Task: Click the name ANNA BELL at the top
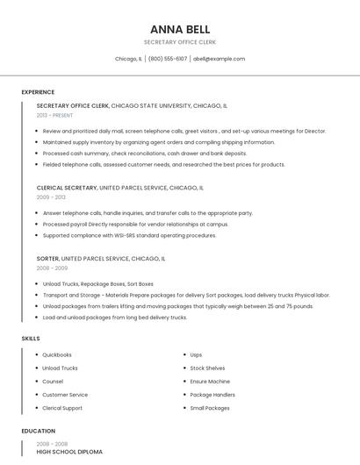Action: click(180, 29)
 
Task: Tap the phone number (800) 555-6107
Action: click(168, 59)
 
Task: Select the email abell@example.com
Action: click(219, 59)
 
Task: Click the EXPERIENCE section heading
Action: click(38, 92)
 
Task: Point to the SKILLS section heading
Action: click(30, 338)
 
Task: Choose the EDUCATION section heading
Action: click(38, 431)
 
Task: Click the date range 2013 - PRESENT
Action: click(54, 115)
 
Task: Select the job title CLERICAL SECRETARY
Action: click(67, 188)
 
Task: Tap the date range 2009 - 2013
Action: click(51, 197)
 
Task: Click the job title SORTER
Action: click(47, 260)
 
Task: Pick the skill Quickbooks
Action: click(57, 354)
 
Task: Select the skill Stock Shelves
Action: click(207, 368)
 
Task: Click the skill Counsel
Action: click(53, 382)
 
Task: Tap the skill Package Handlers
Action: click(212, 395)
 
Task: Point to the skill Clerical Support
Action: click(62, 408)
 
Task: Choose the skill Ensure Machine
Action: click(210, 382)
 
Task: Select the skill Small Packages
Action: click(210, 408)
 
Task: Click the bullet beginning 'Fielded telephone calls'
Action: click(163, 164)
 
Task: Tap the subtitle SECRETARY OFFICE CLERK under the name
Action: click(180, 42)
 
